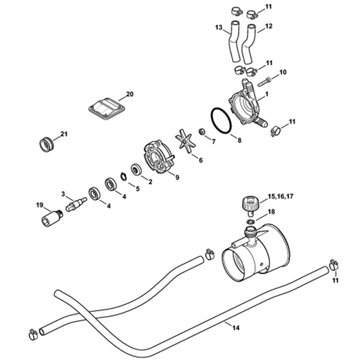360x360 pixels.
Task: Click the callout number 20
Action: tap(130, 94)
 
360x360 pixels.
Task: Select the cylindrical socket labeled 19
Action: tap(50, 217)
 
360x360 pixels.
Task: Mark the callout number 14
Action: tap(236, 328)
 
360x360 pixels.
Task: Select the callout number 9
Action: tap(177, 177)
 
